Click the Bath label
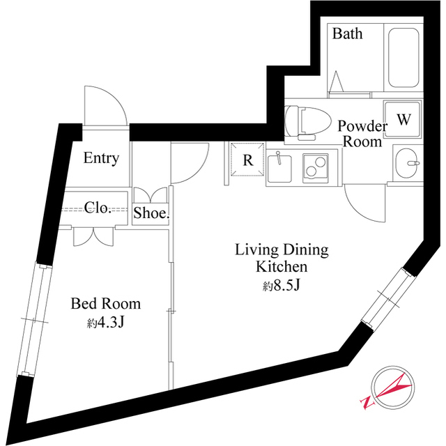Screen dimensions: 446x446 (347, 33)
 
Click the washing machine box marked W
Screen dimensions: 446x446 (403, 119)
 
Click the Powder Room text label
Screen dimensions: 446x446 (362, 134)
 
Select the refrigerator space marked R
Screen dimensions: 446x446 (247, 160)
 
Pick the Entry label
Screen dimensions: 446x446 (101, 158)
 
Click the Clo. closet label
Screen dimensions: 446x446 (98, 207)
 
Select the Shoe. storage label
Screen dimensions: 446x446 (151, 214)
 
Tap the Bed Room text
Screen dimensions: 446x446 (106, 304)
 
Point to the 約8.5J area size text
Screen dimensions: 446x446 (281, 285)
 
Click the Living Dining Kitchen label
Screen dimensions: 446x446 (281, 258)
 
